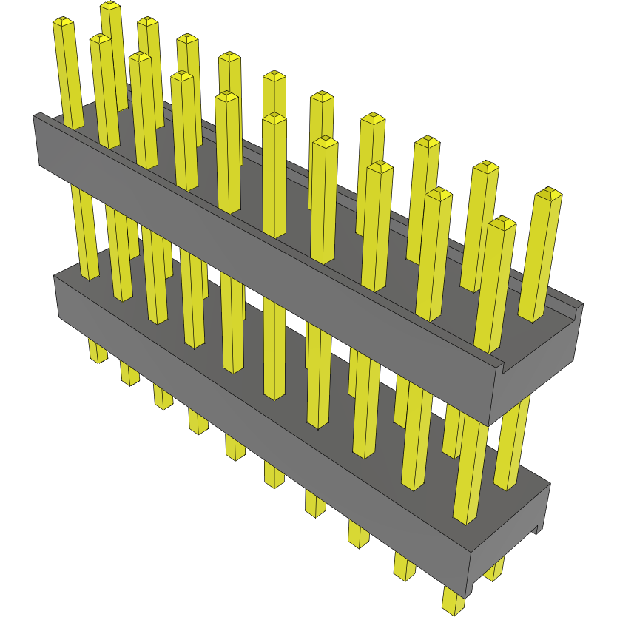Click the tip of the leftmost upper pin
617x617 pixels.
pos(64,23)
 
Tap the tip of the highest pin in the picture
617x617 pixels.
pos(110,6)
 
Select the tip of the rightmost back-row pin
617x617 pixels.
pos(548,194)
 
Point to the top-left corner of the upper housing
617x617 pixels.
pos(36,116)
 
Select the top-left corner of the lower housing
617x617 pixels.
pos(56,277)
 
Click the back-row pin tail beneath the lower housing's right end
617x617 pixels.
pos(493,570)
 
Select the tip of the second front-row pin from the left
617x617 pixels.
pos(101,38)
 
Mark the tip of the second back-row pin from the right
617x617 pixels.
pos(485,166)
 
